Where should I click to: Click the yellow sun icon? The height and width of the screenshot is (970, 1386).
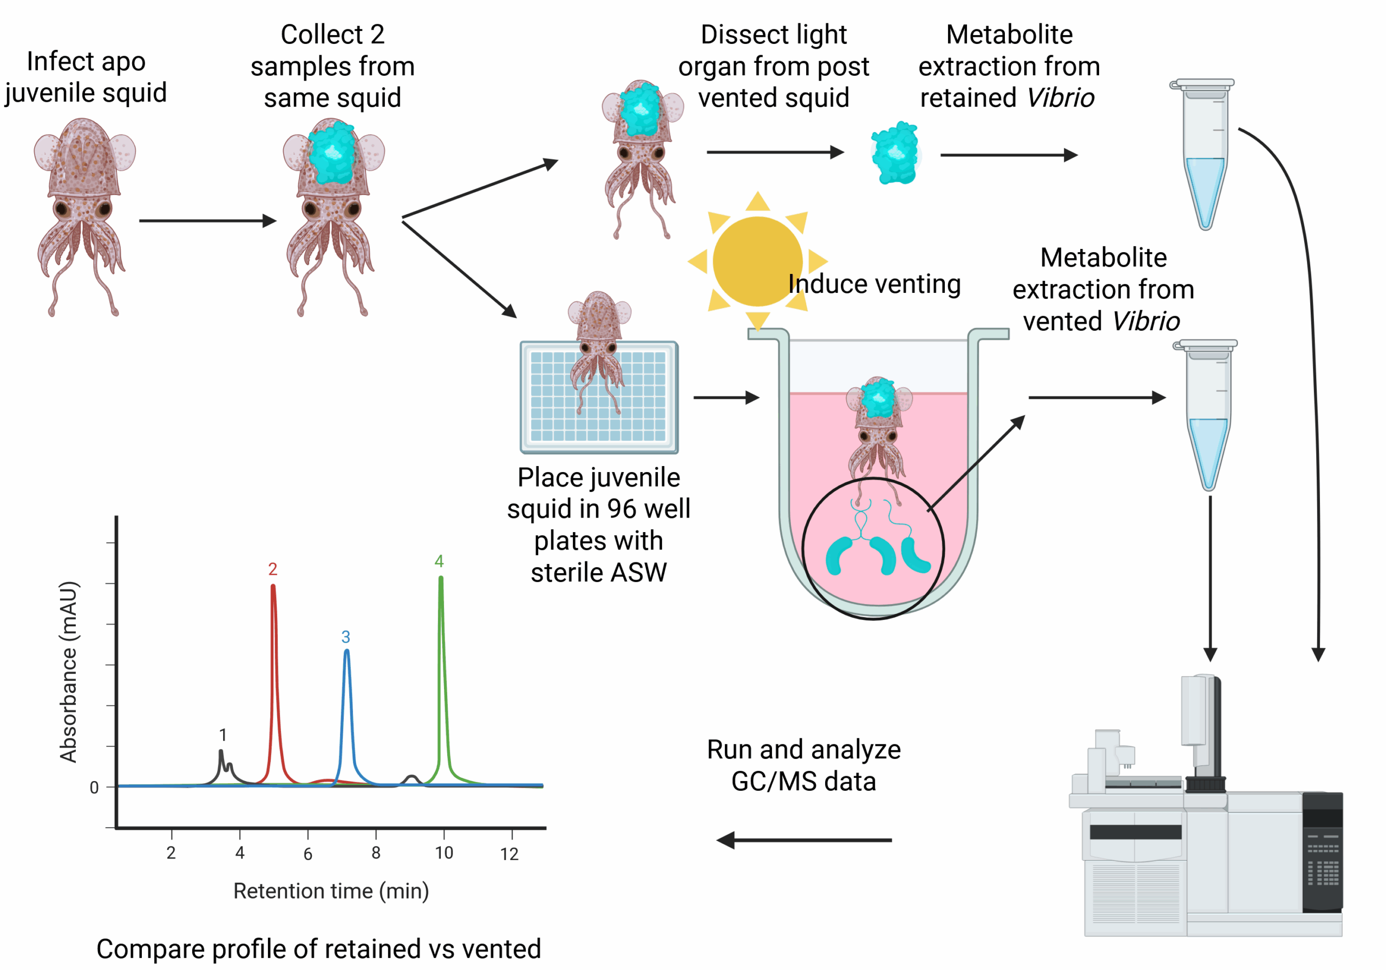pos(757,261)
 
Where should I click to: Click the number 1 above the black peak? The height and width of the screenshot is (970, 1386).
pos(223,735)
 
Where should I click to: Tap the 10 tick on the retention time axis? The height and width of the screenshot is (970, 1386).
pos(444,853)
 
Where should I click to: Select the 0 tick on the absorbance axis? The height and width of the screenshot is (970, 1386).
pos(94,788)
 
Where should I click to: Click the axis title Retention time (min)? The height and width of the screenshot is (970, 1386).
pos(331,891)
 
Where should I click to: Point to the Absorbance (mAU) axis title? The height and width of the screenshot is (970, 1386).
pos(68,671)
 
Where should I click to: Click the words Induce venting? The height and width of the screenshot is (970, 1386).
pos(874,284)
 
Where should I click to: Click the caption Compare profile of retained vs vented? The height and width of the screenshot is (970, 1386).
pos(319,948)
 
